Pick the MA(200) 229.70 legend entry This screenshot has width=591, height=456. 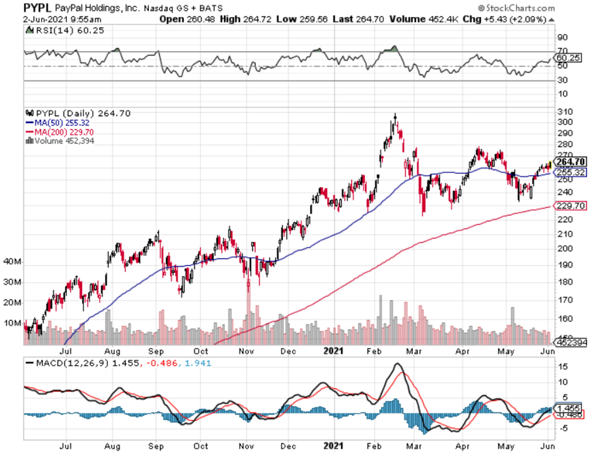tap(54, 131)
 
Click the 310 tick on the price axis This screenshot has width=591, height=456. tap(564, 111)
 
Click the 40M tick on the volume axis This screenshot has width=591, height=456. tap(13, 261)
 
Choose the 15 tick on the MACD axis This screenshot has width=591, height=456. tap(561, 366)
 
